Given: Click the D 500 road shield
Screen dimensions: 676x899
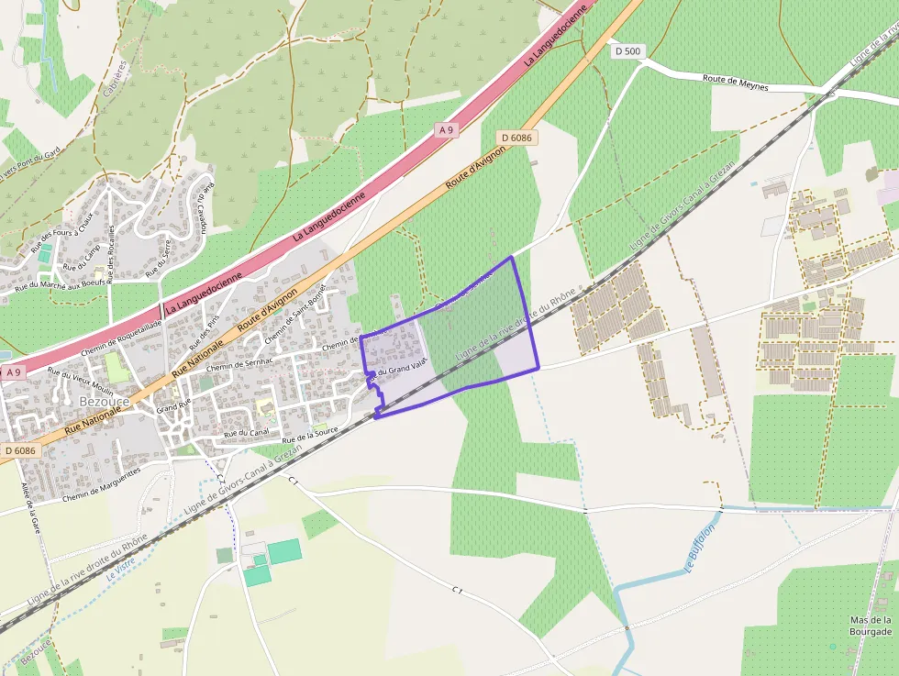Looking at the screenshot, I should click(x=627, y=51).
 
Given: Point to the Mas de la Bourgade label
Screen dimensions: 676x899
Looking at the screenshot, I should click(x=871, y=626).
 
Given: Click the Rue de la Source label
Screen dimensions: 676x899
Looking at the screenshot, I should click(x=310, y=430).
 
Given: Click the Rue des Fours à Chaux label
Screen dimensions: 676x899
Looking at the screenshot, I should click(x=63, y=233).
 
